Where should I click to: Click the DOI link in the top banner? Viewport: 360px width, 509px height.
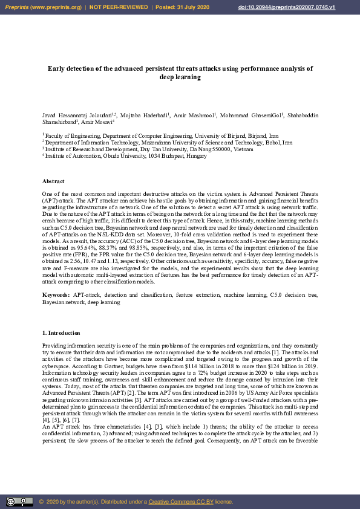(x=312, y=7)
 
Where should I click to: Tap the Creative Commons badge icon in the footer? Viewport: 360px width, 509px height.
(x=19, y=501)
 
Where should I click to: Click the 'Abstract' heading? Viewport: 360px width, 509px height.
(x=54, y=181)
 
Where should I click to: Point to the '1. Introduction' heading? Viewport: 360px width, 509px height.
(x=61, y=333)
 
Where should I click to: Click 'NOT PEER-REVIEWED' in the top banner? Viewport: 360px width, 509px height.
(x=119, y=7)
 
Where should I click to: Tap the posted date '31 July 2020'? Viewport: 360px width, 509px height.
(x=194, y=7)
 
